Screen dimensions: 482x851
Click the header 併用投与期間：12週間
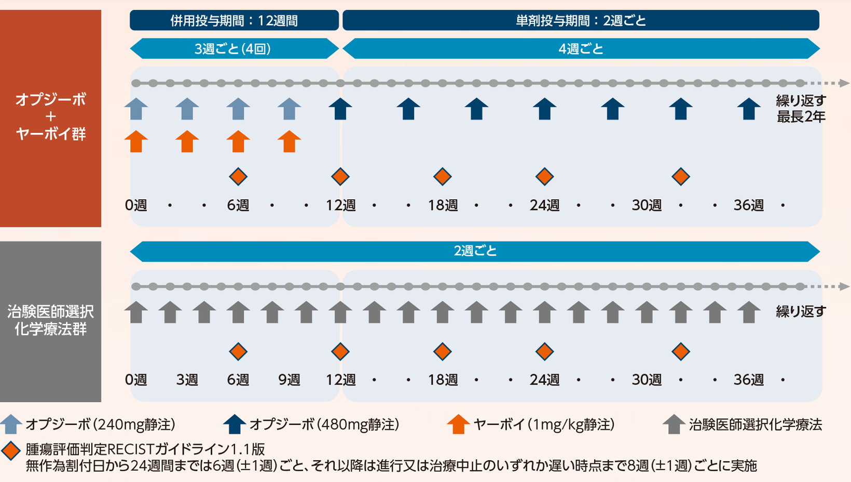(234, 20)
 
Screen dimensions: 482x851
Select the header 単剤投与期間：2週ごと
(581, 20)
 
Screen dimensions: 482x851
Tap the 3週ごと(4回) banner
(233, 49)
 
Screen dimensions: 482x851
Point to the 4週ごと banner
(581, 49)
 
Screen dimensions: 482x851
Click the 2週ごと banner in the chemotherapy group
(475, 251)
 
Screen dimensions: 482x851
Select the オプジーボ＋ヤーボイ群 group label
(50, 117)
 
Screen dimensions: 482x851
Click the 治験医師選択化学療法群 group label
(50, 320)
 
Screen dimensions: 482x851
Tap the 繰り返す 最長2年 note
(800, 108)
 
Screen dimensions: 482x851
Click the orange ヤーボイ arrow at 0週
(136, 141)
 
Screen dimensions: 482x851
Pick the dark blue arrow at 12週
(340, 109)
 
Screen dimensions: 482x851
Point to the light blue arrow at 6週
(238, 109)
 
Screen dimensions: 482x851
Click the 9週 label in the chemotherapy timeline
(289, 380)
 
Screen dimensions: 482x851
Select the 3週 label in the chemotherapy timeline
(187, 380)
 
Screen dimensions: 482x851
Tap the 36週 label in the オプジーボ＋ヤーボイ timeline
(748, 205)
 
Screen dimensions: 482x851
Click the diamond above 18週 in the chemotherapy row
(442, 352)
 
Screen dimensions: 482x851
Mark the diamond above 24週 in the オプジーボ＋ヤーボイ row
(544, 177)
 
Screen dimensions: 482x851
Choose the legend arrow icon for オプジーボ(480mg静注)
(234, 424)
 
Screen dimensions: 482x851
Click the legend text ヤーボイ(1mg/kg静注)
(544, 424)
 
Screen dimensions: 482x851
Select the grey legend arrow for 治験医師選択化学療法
(674, 424)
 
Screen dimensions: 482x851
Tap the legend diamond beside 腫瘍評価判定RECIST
(10, 450)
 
